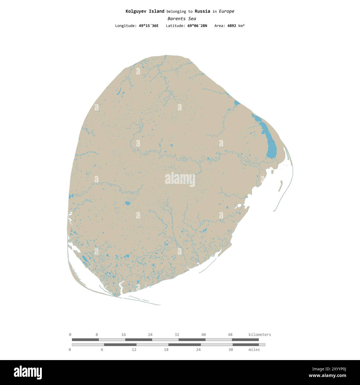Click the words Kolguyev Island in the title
point(145,11)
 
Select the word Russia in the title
point(202,11)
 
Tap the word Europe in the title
point(226,11)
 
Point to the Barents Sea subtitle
point(182,19)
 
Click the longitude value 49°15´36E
point(149,26)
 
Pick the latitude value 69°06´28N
point(196,26)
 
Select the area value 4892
point(232,26)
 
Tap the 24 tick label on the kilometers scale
point(150,334)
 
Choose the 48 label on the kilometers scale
point(230,334)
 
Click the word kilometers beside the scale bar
point(260,335)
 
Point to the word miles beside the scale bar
point(254,350)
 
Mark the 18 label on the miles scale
point(166,350)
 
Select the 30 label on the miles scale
point(230,350)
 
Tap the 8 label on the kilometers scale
point(97,334)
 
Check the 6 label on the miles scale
point(102,350)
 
